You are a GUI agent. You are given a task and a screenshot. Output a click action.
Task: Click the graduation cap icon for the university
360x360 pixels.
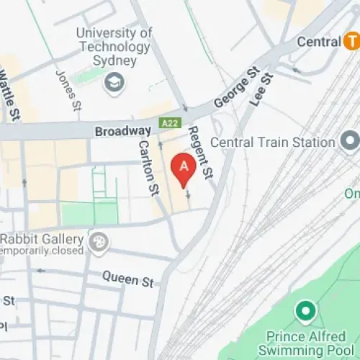pyautogui.click(x=114, y=84)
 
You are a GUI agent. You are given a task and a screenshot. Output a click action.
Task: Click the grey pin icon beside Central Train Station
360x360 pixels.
pyautogui.click(x=350, y=140)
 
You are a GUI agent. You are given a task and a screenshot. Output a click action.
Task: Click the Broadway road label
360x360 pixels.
pyautogui.click(x=122, y=132)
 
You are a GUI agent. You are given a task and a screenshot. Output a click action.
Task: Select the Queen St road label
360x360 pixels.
pyautogui.click(x=127, y=278)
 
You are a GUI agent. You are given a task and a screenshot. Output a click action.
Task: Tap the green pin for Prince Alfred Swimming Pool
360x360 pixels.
pyautogui.click(x=306, y=312)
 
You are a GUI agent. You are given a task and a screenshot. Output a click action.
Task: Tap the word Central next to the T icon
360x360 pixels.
pyautogui.click(x=318, y=42)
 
